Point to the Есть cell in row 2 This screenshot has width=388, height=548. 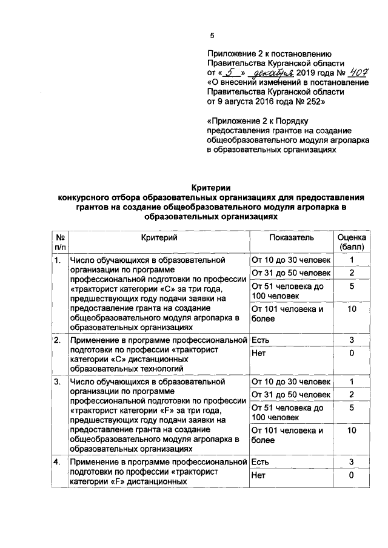click(259, 340)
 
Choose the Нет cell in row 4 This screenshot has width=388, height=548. click(258, 477)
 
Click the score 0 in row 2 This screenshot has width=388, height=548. click(352, 353)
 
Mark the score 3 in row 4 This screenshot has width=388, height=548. click(352, 462)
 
